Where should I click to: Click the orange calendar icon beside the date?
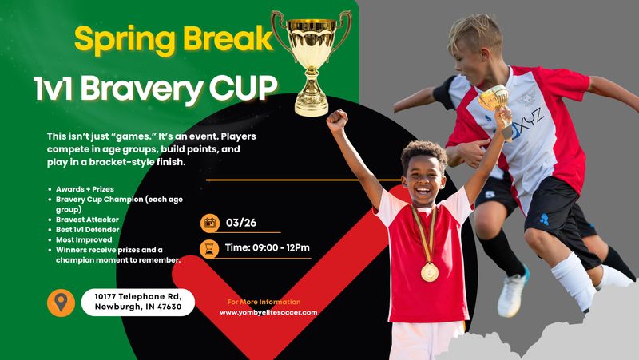point(210,223)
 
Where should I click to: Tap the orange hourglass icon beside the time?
point(210,247)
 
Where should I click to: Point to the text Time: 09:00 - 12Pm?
point(268,247)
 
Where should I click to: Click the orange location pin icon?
point(61,302)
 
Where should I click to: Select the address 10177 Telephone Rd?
point(137,295)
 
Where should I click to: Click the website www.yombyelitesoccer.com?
point(268,313)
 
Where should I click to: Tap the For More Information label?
point(264,302)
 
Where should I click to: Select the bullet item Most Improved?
point(85,239)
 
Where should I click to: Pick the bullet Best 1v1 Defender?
point(89,228)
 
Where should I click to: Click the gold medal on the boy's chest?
point(429,272)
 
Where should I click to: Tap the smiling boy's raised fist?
point(337,120)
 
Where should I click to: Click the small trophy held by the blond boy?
point(494,100)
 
